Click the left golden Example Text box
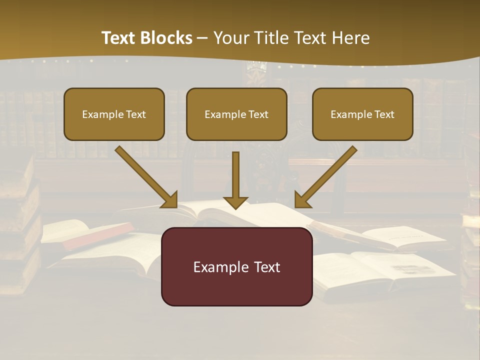coord(114,114)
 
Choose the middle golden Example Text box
coord(236,114)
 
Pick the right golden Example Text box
coord(362,114)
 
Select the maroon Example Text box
coord(236,266)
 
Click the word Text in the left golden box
coord(135,114)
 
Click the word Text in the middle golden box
coord(258,114)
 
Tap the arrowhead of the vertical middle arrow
coord(235,202)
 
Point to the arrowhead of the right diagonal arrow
coord(301,200)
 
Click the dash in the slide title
coord(202,38)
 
